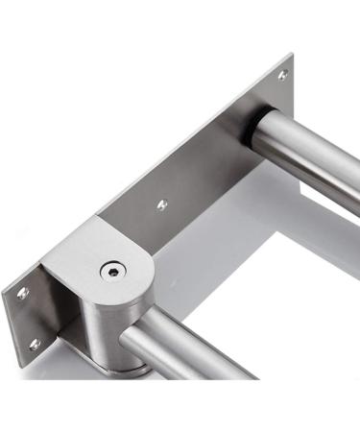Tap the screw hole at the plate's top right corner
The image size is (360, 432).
[282, 75]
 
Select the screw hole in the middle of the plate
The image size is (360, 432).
[161, 204]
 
